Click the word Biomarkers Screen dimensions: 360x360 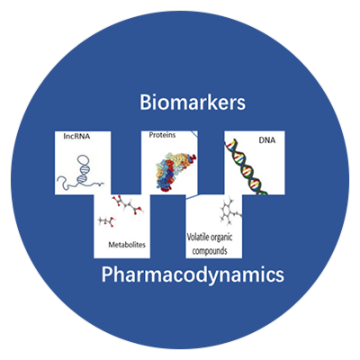pyautogui.click(x=193, y=103)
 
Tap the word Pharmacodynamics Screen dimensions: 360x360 pyautogui.click(x=193, y=274)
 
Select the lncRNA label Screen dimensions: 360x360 pyautogui.click(x=76, y=137)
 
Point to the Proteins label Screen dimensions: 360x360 pyautogui.click(x=162, y=135)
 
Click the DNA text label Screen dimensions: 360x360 pyautogui.click(x=267, y=140)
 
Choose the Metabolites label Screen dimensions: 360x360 pyautogui.click(x=127, y=245)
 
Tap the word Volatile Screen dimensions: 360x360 pyautogui.click(x=197, y=238)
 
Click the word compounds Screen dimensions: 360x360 pyautogui.click(x=210, y=251)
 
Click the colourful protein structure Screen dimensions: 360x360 pyautogui.click(x=175, y=172)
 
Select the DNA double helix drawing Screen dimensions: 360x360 pyautogui.click(x=247, y=167)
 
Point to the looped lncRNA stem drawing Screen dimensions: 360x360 pyautogui.click(x=83, y=169)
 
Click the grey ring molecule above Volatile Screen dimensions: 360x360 pyautogui.click(x=230, y=211)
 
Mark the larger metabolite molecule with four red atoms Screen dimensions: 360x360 pyautogui.click(x=128, y=205)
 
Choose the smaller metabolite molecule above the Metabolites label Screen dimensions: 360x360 pyautogui.click(x=107, y=221)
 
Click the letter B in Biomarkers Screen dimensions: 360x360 pyautogui.click(x=145, y=103)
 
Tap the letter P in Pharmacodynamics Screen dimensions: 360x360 pyautogui.click(x=107, y=274)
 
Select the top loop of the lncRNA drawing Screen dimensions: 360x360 pyautogui.click(x=84, y=160)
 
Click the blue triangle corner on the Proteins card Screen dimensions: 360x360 pyautogui.click(x=194, y=133)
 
